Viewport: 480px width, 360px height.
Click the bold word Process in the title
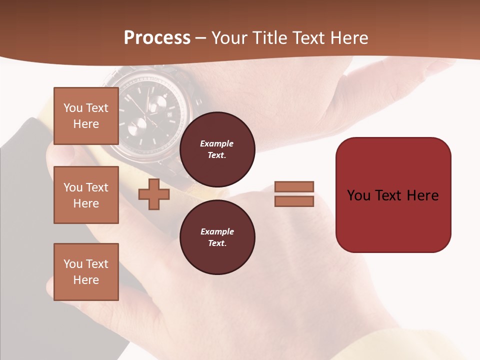(157, 38)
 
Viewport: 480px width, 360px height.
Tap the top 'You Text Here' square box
(86, 116)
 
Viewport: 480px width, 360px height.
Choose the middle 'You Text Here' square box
(86, 195)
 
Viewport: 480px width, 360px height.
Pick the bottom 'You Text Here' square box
(86, 272)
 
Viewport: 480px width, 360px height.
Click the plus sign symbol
(153, 194)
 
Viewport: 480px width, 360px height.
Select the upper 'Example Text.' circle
(217, 149)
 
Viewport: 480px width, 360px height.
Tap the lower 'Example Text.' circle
(217, 237)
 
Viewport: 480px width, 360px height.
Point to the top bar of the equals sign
(294, 186)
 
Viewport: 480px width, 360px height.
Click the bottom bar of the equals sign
(294, 201)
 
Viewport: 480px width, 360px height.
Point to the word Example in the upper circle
(217, 143)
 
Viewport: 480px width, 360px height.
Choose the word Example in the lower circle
(217, 231)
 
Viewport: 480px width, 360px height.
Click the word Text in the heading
(307, 38)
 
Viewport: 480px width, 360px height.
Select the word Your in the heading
(228, 38)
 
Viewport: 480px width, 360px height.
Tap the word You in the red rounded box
(358, 195)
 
